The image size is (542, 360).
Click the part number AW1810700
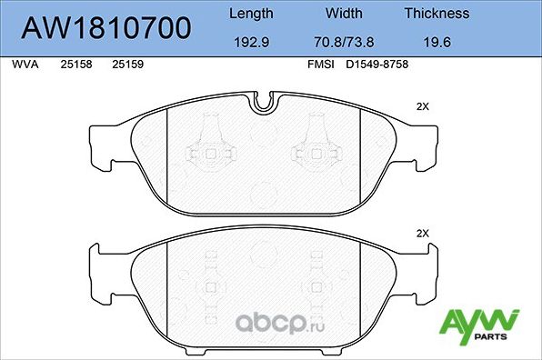point(106,27)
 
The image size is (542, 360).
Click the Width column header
point(344,14)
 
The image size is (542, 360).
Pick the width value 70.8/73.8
point(344,41)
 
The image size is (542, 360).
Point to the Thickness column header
point(437,14)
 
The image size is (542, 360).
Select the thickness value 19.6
point(437,41)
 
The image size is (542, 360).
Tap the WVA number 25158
point(75,65)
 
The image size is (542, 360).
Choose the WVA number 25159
point(126,65)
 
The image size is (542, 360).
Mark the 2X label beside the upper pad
point(421,106)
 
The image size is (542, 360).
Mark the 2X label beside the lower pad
point(421,234)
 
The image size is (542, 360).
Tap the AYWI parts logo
point(479,324)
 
